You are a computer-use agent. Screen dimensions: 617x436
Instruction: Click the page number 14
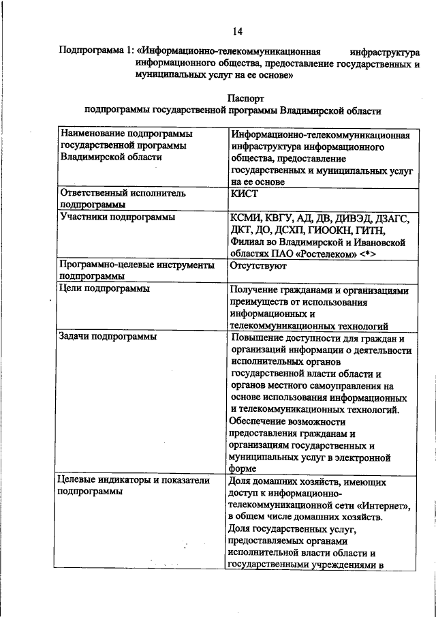click(237, 31)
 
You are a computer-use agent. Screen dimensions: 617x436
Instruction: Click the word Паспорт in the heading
click(236, 98)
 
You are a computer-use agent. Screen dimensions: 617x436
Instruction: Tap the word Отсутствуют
click(258, 265)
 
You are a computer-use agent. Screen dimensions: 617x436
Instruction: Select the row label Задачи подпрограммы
click(108, 337)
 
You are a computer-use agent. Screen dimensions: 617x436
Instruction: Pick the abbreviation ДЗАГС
click(391, 217)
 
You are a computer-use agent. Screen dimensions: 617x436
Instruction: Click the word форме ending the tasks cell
click(243, 468)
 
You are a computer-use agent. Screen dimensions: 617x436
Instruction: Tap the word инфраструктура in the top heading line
click(384, 51)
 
